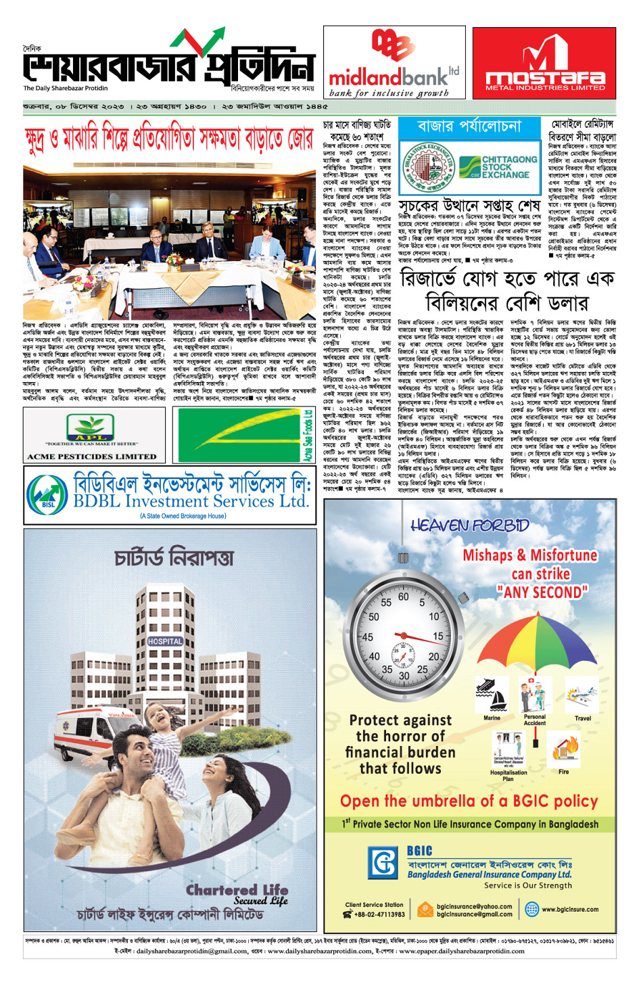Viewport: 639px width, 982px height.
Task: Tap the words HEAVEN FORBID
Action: pyautogui.click(x=469, y=525)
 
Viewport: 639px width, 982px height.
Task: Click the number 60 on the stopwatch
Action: pyautogui.click(x=403, y=597)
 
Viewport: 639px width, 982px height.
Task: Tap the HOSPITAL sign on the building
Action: pyautogui.click(x=165, y=641)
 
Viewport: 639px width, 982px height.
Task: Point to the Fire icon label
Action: pyautogui.click(x=563, y=772)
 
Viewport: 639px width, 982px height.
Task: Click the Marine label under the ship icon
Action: pyautogui.click(x=492, y=718)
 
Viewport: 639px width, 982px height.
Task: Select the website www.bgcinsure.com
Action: pyautogui.click(x=569, y=910)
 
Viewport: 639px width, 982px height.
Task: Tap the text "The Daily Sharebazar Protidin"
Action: pyautogui.click(x=66, y=88)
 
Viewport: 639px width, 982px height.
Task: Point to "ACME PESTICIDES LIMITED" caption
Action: pyautogui.click(x=91, y=457)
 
